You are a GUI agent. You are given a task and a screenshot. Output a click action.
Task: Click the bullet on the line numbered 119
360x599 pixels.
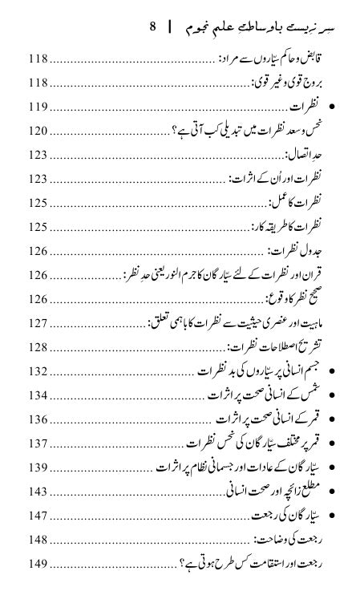pos(333,107)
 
